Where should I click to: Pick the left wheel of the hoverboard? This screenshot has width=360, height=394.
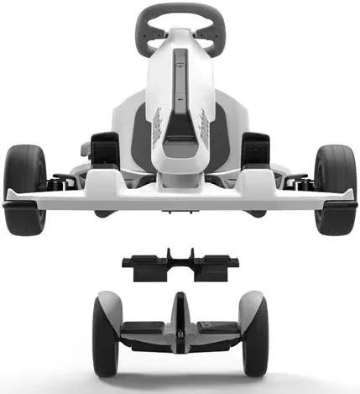(x=107, y=334)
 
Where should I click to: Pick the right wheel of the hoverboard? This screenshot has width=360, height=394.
(x=253, y=334)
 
